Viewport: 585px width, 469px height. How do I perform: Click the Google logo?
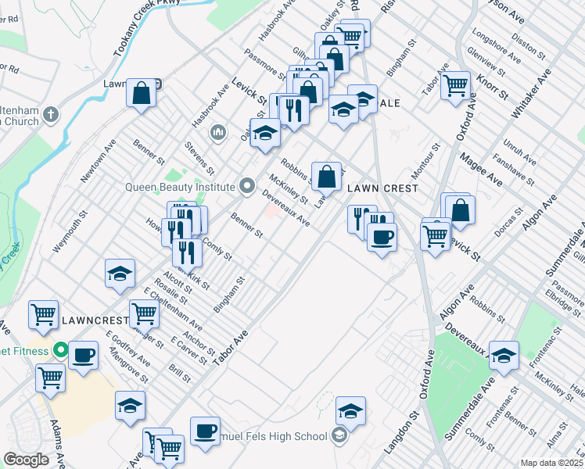[26, 460]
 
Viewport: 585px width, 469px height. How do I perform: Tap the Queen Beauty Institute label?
[180, 188]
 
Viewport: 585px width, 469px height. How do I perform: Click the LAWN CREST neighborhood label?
[382, 189]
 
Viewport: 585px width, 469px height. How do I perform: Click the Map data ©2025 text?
[551, 463]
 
